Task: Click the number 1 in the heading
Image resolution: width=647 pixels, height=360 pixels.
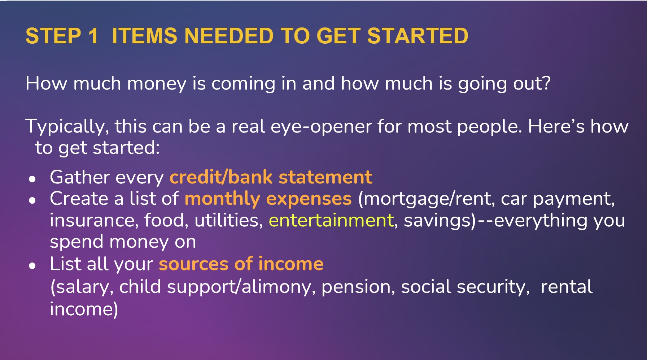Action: point(93,36)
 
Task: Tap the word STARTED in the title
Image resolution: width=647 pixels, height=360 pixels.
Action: point(418,36)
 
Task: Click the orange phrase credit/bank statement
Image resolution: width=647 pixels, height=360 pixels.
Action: point(271,177)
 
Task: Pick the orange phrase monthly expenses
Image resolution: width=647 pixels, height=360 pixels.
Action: point(268,199)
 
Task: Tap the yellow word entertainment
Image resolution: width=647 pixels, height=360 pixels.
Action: point(331,220)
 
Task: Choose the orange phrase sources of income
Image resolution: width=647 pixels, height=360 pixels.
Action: point(241,264)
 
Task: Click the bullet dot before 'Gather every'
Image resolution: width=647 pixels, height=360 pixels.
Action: point(32,179)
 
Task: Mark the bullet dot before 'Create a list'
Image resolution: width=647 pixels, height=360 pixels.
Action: point(32,200)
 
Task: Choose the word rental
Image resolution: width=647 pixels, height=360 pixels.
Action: point(567,287)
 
